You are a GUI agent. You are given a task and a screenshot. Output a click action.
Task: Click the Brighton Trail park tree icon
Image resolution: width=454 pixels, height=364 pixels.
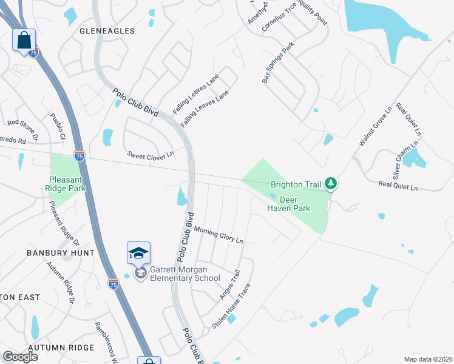330,183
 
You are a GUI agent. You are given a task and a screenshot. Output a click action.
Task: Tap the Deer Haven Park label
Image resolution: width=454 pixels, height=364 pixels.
289,204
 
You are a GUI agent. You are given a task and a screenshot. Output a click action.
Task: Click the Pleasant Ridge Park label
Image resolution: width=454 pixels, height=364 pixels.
67,184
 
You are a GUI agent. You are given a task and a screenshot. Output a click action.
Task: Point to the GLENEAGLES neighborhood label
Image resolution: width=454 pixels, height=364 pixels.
106,30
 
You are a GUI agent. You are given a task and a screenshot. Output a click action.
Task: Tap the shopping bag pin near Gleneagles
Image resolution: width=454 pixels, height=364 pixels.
24,41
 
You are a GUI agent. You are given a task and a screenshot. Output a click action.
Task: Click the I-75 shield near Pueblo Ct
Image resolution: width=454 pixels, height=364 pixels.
79,155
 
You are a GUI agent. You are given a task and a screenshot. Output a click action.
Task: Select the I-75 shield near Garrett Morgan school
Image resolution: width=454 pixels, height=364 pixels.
113,283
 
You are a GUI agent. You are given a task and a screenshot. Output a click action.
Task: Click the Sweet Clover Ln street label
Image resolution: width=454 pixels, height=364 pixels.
151,154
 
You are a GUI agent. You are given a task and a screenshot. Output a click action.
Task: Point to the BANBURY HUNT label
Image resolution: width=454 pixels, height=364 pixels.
60,252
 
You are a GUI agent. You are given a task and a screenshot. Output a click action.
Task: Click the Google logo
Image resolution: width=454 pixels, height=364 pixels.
20,357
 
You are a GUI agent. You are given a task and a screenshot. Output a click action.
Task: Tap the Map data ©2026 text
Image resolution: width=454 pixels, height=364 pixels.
428,359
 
